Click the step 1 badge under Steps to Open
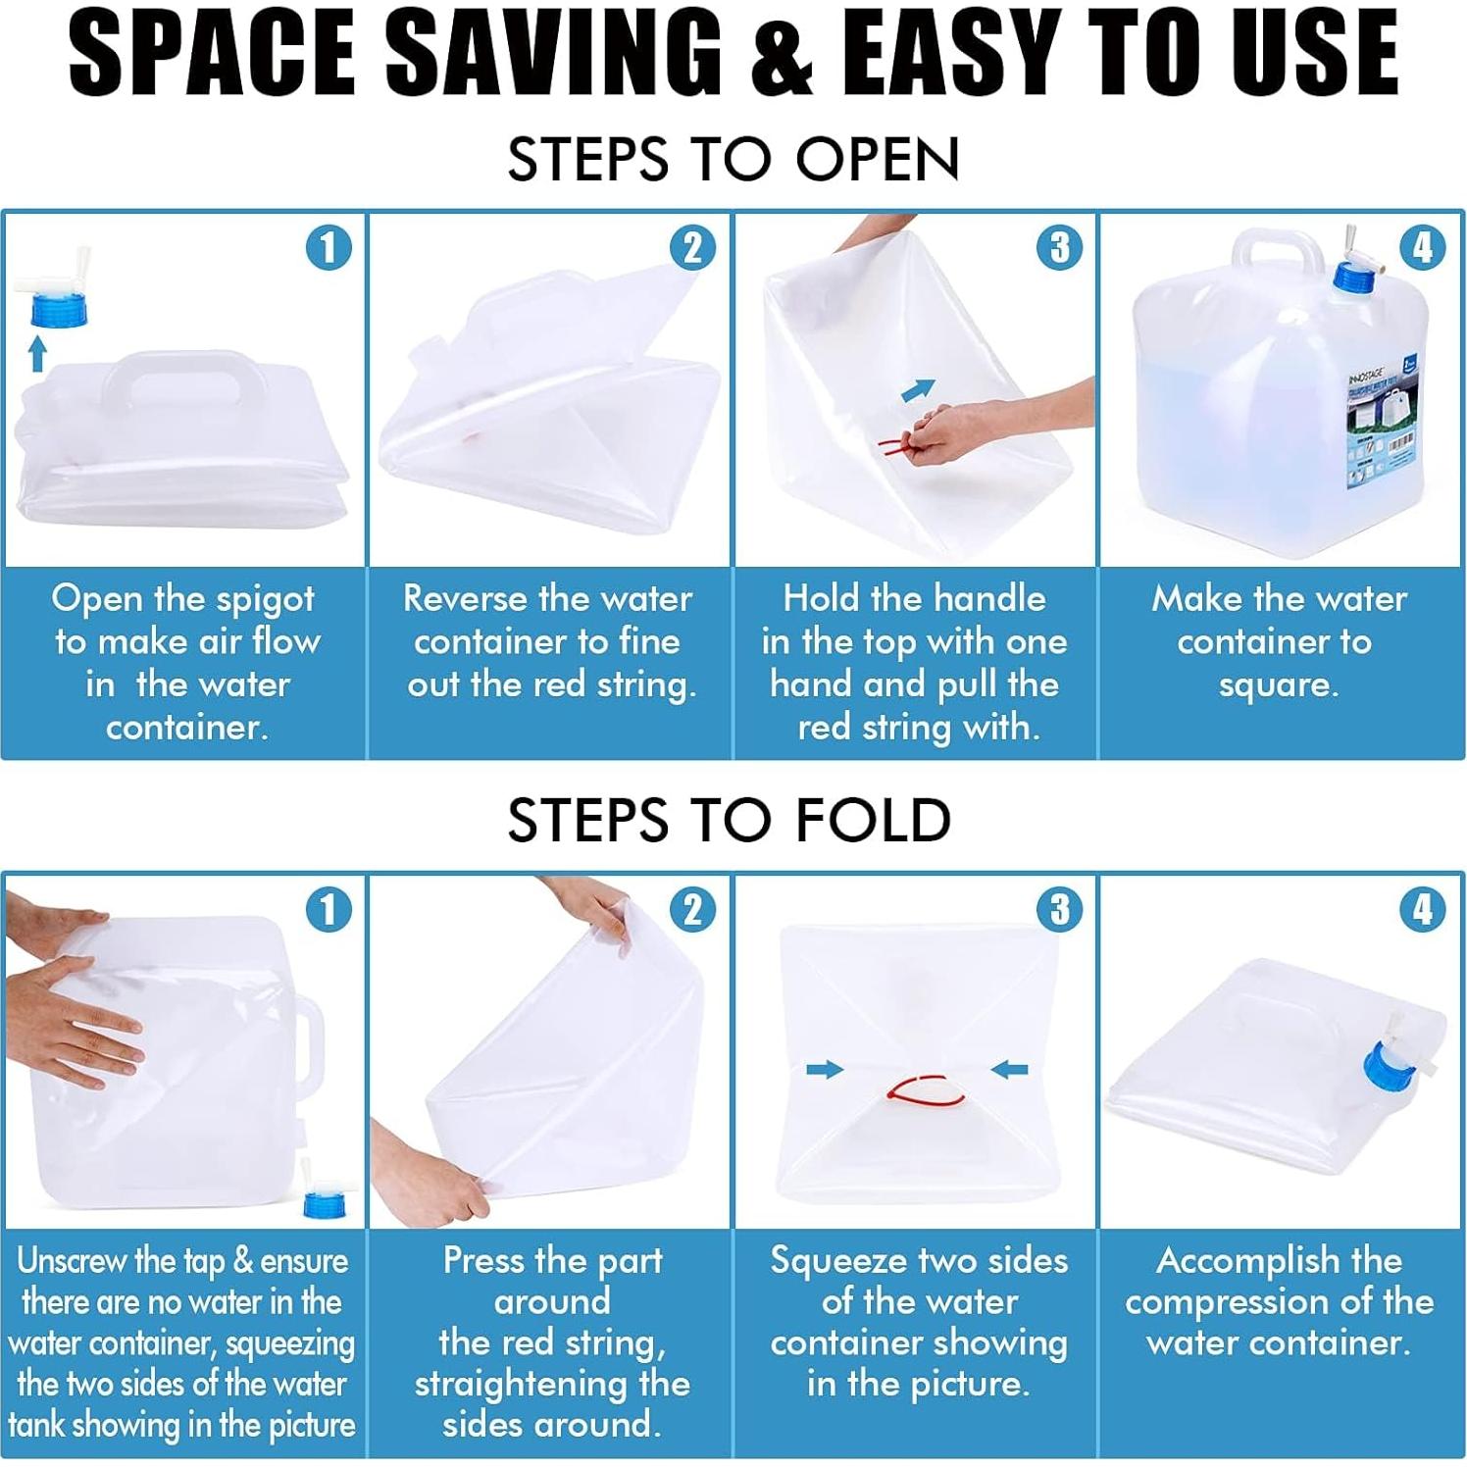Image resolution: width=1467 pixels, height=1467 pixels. pyautogui.click(x=329, y=247)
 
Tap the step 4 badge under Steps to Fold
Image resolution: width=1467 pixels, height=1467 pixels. pyautogui.click(x=1422, y=909)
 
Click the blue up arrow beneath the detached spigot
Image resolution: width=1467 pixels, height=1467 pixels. pyautogui.click(x=37, y=353)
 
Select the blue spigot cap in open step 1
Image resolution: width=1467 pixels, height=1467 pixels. pyautogui.click(x=59, y=310)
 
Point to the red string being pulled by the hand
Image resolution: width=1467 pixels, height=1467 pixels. pyautogui.click(x=894, y=447)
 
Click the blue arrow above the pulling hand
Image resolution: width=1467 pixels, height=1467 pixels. pyautogui.click(x=918, y=390)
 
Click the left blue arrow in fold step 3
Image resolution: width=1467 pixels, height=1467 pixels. pyautogui.click(x=825, y=1069)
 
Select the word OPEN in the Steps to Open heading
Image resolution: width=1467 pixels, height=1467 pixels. pyautogui.click(x=877, y=159)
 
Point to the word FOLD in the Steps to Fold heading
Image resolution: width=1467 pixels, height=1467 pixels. pyautogui.click(x=873, y=821)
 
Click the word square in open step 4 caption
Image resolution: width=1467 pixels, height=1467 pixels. pyautogui.click(x=1278, y=684)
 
